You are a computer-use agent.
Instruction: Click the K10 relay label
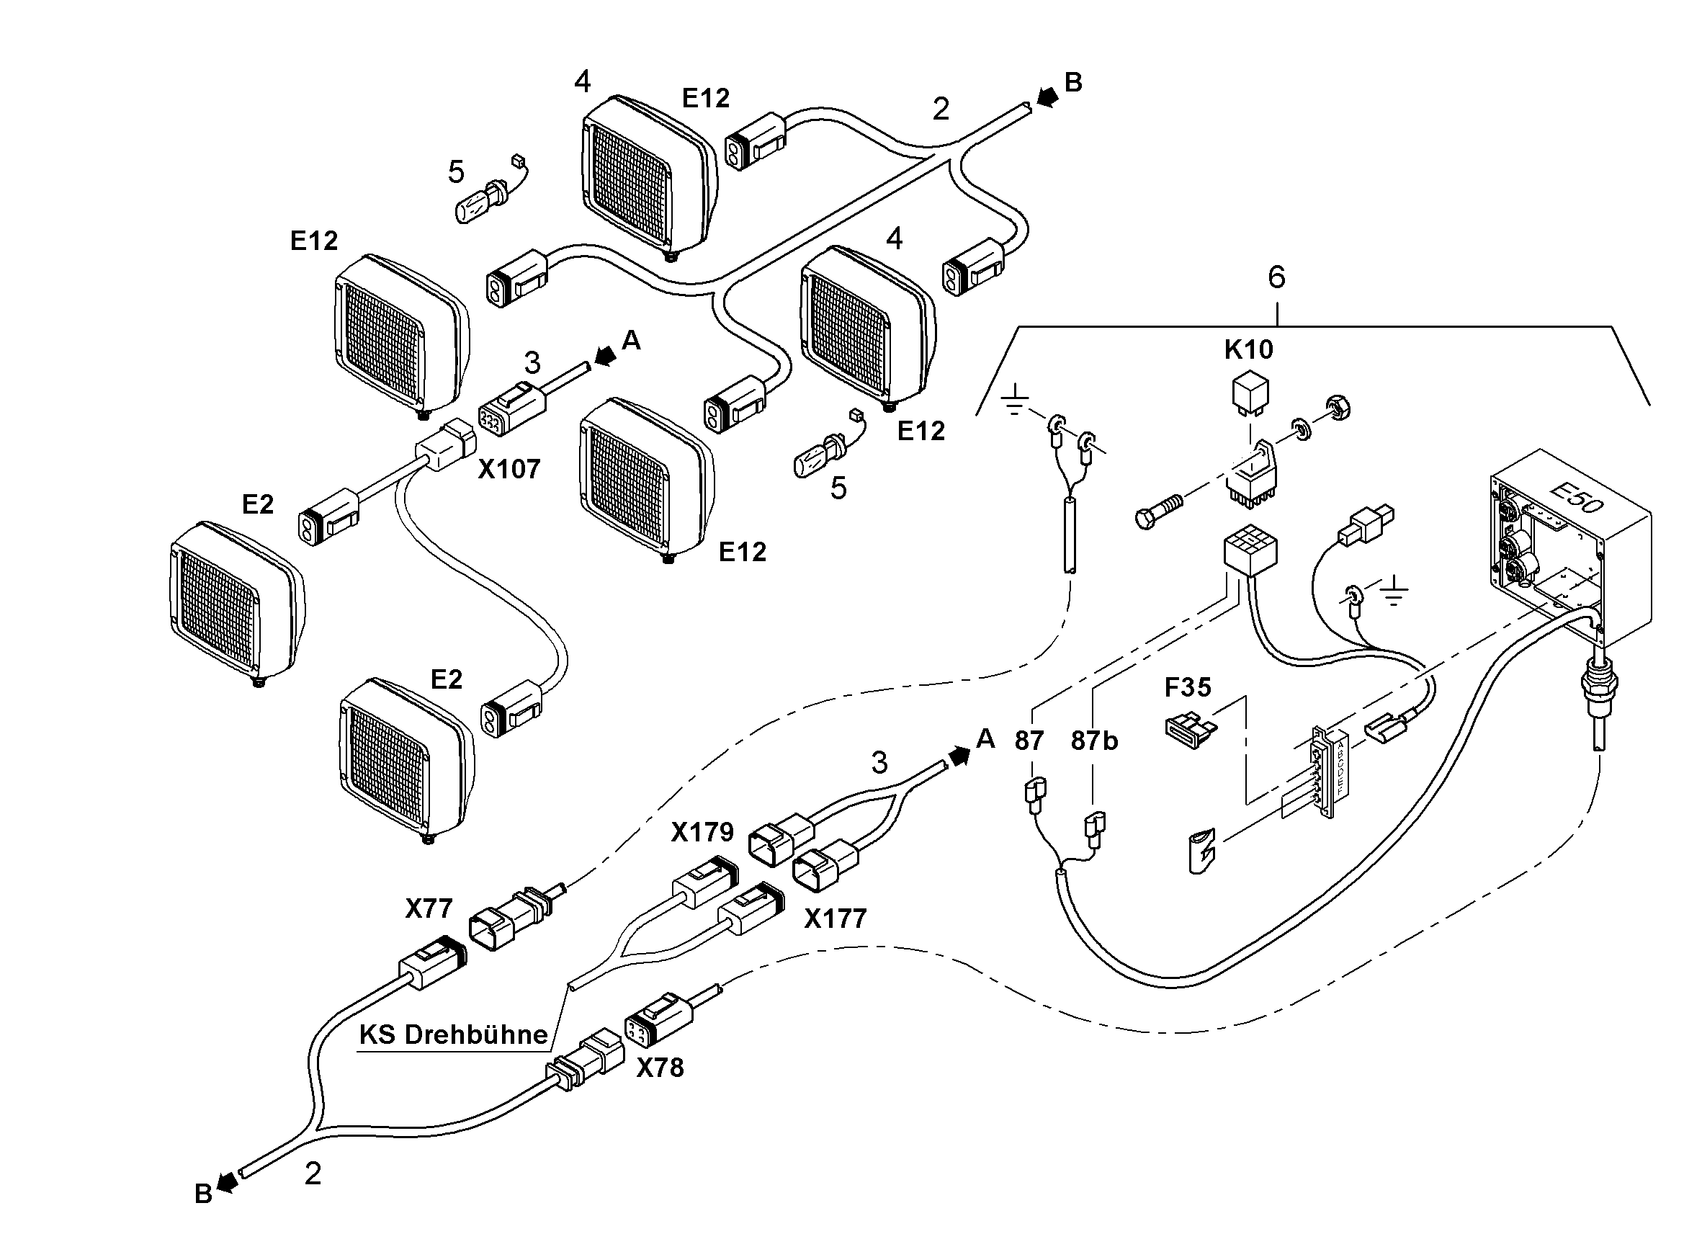coord(1249,350)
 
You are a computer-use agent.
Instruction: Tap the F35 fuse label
coord(1187,687)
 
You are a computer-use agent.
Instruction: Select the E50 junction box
coord(1572,549)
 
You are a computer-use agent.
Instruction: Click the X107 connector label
coord(509,469)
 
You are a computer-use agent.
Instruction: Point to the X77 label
coord(429,909)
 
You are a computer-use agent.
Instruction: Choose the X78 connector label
coord(660,1068)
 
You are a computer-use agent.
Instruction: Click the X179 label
coord(702,833)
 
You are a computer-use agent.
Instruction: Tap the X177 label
coord(836,918)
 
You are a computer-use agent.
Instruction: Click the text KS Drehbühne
coord(453,1035)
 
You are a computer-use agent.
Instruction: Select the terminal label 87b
coord(1094,741)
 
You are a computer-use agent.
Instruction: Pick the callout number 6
coord(1276,277)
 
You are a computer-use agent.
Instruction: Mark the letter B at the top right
coord(1073,83)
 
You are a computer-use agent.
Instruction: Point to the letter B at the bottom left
coord(203,1194)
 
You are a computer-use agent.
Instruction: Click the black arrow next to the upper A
coord(605,357)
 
